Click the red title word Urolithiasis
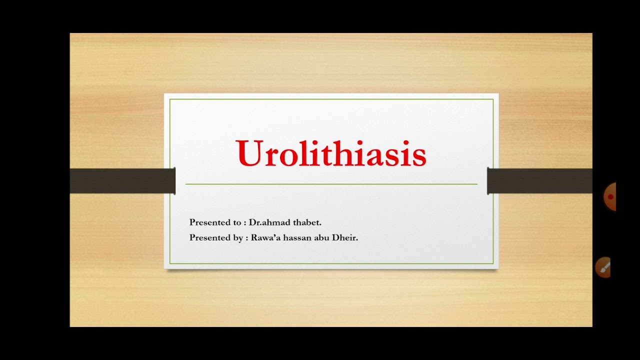coord(331,153)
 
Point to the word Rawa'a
coord(265,238)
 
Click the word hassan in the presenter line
coord(297,238)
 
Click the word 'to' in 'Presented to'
coord(234,222)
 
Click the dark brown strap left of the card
coord(122,181)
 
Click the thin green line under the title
coord(331,184)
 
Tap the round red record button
coord(610,197)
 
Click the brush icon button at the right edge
coord(604,268)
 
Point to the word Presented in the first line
coord(208,222)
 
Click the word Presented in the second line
coord(208,238)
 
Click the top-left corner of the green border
coord(170,99)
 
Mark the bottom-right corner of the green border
coord(493,263)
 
